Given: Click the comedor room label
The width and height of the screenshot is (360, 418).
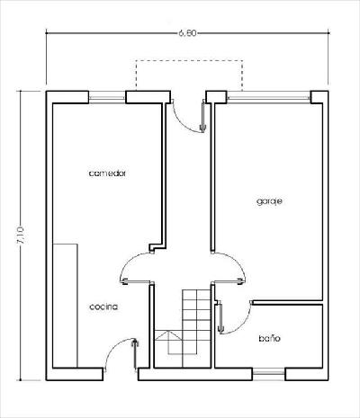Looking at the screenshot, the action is tap(107, 173).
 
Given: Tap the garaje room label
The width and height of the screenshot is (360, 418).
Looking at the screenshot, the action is tap(269, 201).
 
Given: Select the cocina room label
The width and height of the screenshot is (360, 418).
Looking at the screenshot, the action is tap(103, 307).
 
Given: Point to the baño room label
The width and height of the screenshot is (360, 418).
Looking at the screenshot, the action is tap(269, 338).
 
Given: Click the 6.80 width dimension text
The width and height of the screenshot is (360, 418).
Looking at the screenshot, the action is tap(187, 33).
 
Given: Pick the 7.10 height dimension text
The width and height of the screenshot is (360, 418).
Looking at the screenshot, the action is tap(20, 235).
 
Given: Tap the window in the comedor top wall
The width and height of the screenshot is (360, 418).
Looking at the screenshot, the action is tap(107, 98).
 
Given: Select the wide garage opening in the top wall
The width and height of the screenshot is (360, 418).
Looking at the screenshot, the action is tap(268, 98).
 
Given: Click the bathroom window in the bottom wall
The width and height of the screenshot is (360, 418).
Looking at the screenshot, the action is tap(268, 373).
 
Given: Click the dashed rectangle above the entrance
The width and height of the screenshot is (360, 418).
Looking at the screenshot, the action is tap(189, 60).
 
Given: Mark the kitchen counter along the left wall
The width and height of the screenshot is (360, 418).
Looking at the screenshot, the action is tap(65, 306).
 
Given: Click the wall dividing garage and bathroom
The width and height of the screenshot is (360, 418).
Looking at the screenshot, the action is tap(287, 302).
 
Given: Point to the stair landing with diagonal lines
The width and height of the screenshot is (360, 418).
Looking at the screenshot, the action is tap(168, 342).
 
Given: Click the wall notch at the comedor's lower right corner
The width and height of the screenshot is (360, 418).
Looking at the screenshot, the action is tap(157, 247).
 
